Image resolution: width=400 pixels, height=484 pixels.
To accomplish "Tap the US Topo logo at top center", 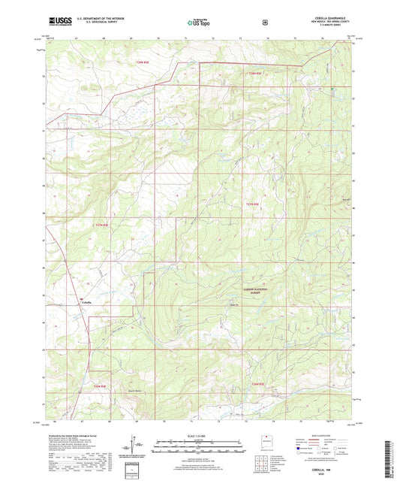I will pyautogui.click(x=199, y=23).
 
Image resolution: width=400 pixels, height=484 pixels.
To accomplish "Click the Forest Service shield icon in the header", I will pyautogui.click(x=264, y=23).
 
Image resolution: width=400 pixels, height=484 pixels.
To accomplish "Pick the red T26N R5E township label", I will pyautogui.click(x=258, y=385).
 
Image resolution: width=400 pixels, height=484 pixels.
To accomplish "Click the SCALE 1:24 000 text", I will pyautogui.click(x=200, y=435).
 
